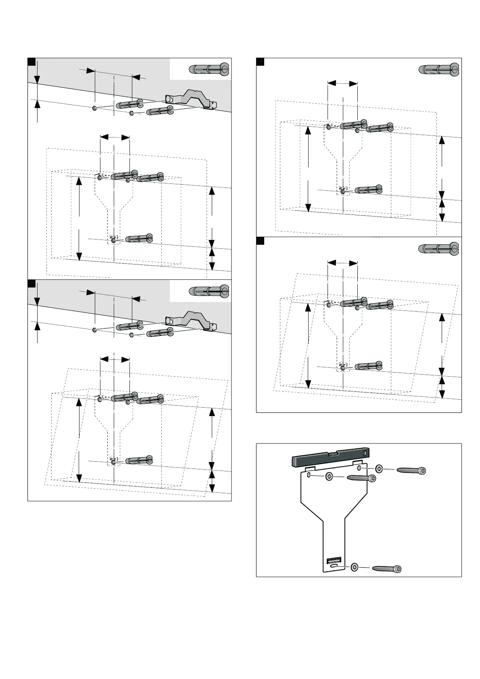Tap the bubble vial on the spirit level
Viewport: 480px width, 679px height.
click(334, 454)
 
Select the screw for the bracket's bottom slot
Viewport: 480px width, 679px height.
click(387, 569)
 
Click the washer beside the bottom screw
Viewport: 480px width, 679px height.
click(355, 567)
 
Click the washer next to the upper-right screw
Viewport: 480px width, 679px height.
click(379, 469)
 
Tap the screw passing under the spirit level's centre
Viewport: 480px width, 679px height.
click(361, 478)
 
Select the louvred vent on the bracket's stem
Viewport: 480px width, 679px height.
click(334, 560)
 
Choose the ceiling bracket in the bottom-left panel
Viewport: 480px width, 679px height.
click(191, 321)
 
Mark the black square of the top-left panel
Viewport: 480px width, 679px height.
click(31, 61)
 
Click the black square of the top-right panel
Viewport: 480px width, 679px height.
click(260, 61)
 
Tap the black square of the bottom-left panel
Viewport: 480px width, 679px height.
click(31, 283)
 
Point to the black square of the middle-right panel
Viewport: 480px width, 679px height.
click(260, 241)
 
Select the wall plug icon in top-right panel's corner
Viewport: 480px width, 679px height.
click(439, 70)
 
